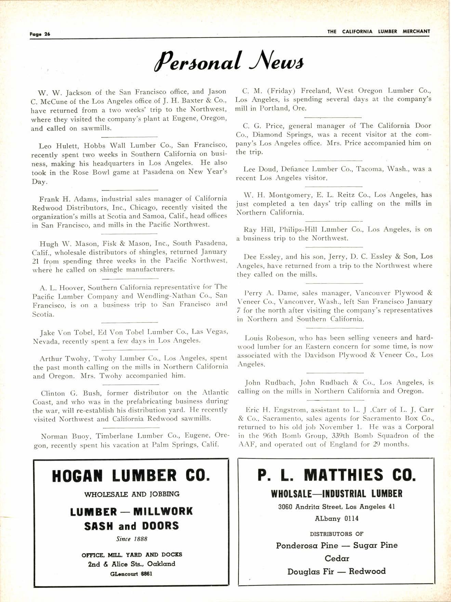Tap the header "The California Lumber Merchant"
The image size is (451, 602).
(x=379, y=31)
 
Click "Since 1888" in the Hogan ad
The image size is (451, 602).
(x=132, y=539)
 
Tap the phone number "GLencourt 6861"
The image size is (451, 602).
(x=131, y=574)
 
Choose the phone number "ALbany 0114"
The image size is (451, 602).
(x=336, y=519)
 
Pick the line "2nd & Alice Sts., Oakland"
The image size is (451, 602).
(x=131, y=564)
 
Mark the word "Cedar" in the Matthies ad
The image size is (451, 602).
(x=337, y=559)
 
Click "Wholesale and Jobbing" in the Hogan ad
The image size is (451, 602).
(x=132, y=494)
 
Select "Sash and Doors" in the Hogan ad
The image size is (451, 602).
(x=131, y=526)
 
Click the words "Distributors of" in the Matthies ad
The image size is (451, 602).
(x=336, y=534)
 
